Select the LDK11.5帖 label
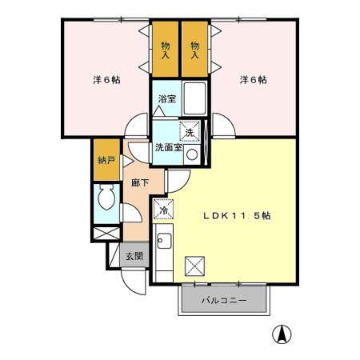click(235, 216)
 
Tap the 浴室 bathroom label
click(166, 99)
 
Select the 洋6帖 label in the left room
click(106, 80)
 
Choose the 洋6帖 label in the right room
click(253, 80)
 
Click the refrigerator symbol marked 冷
click(163, 210)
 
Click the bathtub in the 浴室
click(194, 96)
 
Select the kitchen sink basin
click(163, 241)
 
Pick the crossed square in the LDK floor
click(195, 265)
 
